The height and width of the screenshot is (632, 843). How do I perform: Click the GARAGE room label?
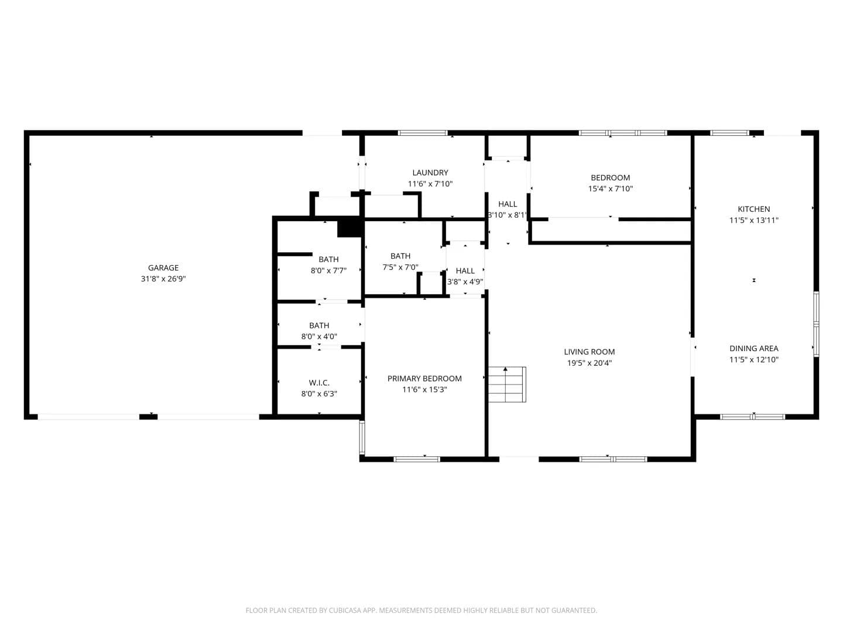163,267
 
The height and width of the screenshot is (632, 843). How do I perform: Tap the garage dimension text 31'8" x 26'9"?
163,279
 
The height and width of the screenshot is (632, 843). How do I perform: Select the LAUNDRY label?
430,173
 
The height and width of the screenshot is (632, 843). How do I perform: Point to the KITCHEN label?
753,209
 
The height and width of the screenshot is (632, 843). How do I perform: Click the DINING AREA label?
753,348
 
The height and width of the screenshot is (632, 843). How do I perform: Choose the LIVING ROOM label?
589,352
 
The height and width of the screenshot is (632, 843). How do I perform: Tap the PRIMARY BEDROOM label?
424,379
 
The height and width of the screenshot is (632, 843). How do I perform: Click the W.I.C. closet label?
319,383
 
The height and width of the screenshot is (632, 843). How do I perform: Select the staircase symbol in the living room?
507,384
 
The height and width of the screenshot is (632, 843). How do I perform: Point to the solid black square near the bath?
349,229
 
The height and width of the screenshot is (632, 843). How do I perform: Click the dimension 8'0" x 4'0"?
319,336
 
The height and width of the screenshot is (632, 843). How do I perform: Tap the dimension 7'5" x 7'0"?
400,267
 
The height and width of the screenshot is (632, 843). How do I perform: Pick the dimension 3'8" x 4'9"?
465,282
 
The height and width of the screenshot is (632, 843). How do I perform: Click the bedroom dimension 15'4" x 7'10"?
610,189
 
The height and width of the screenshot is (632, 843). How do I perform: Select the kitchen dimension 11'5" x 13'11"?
753,220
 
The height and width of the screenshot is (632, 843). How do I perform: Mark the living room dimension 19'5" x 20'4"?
589,363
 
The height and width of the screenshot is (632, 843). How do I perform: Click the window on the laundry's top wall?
423,133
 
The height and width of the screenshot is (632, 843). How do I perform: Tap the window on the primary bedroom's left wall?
362,438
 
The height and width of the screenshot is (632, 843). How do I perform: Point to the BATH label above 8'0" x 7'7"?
329,259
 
